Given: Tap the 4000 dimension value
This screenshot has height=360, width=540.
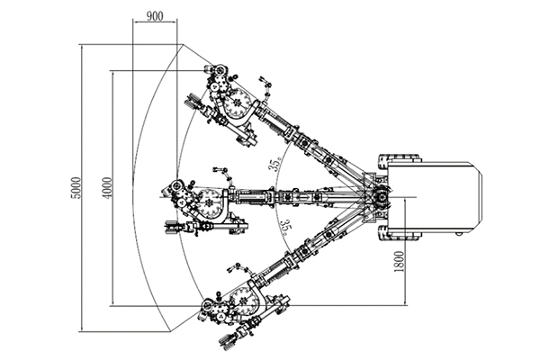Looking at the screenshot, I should tap(107, 187).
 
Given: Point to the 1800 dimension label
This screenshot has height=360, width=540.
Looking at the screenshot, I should tap(397, 262).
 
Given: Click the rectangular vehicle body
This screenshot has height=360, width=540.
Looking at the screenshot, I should tap(441, 196).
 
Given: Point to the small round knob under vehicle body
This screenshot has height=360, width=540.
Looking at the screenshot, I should tap(460, 233).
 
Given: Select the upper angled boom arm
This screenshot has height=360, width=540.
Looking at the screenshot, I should tap(310, 145).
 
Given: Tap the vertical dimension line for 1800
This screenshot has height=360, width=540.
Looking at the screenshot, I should tap(407, 252).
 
